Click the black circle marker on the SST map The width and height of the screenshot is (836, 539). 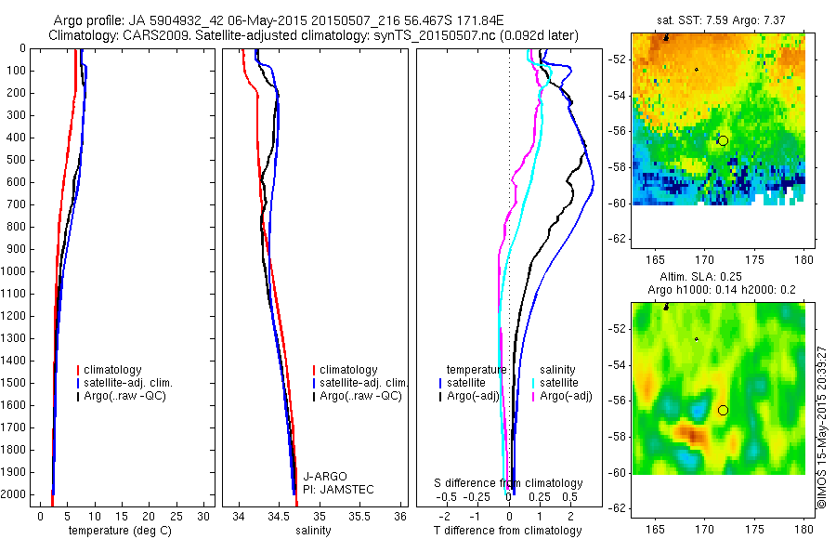click(723, 140)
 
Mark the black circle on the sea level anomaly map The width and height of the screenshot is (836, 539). click(723, 410)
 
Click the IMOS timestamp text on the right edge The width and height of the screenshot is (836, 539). click(821, 427)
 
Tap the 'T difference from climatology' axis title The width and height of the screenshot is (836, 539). click(508, 531)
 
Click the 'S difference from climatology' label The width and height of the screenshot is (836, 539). click(509, 483)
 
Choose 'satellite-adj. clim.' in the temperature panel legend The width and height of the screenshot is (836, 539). click(127, 383)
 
